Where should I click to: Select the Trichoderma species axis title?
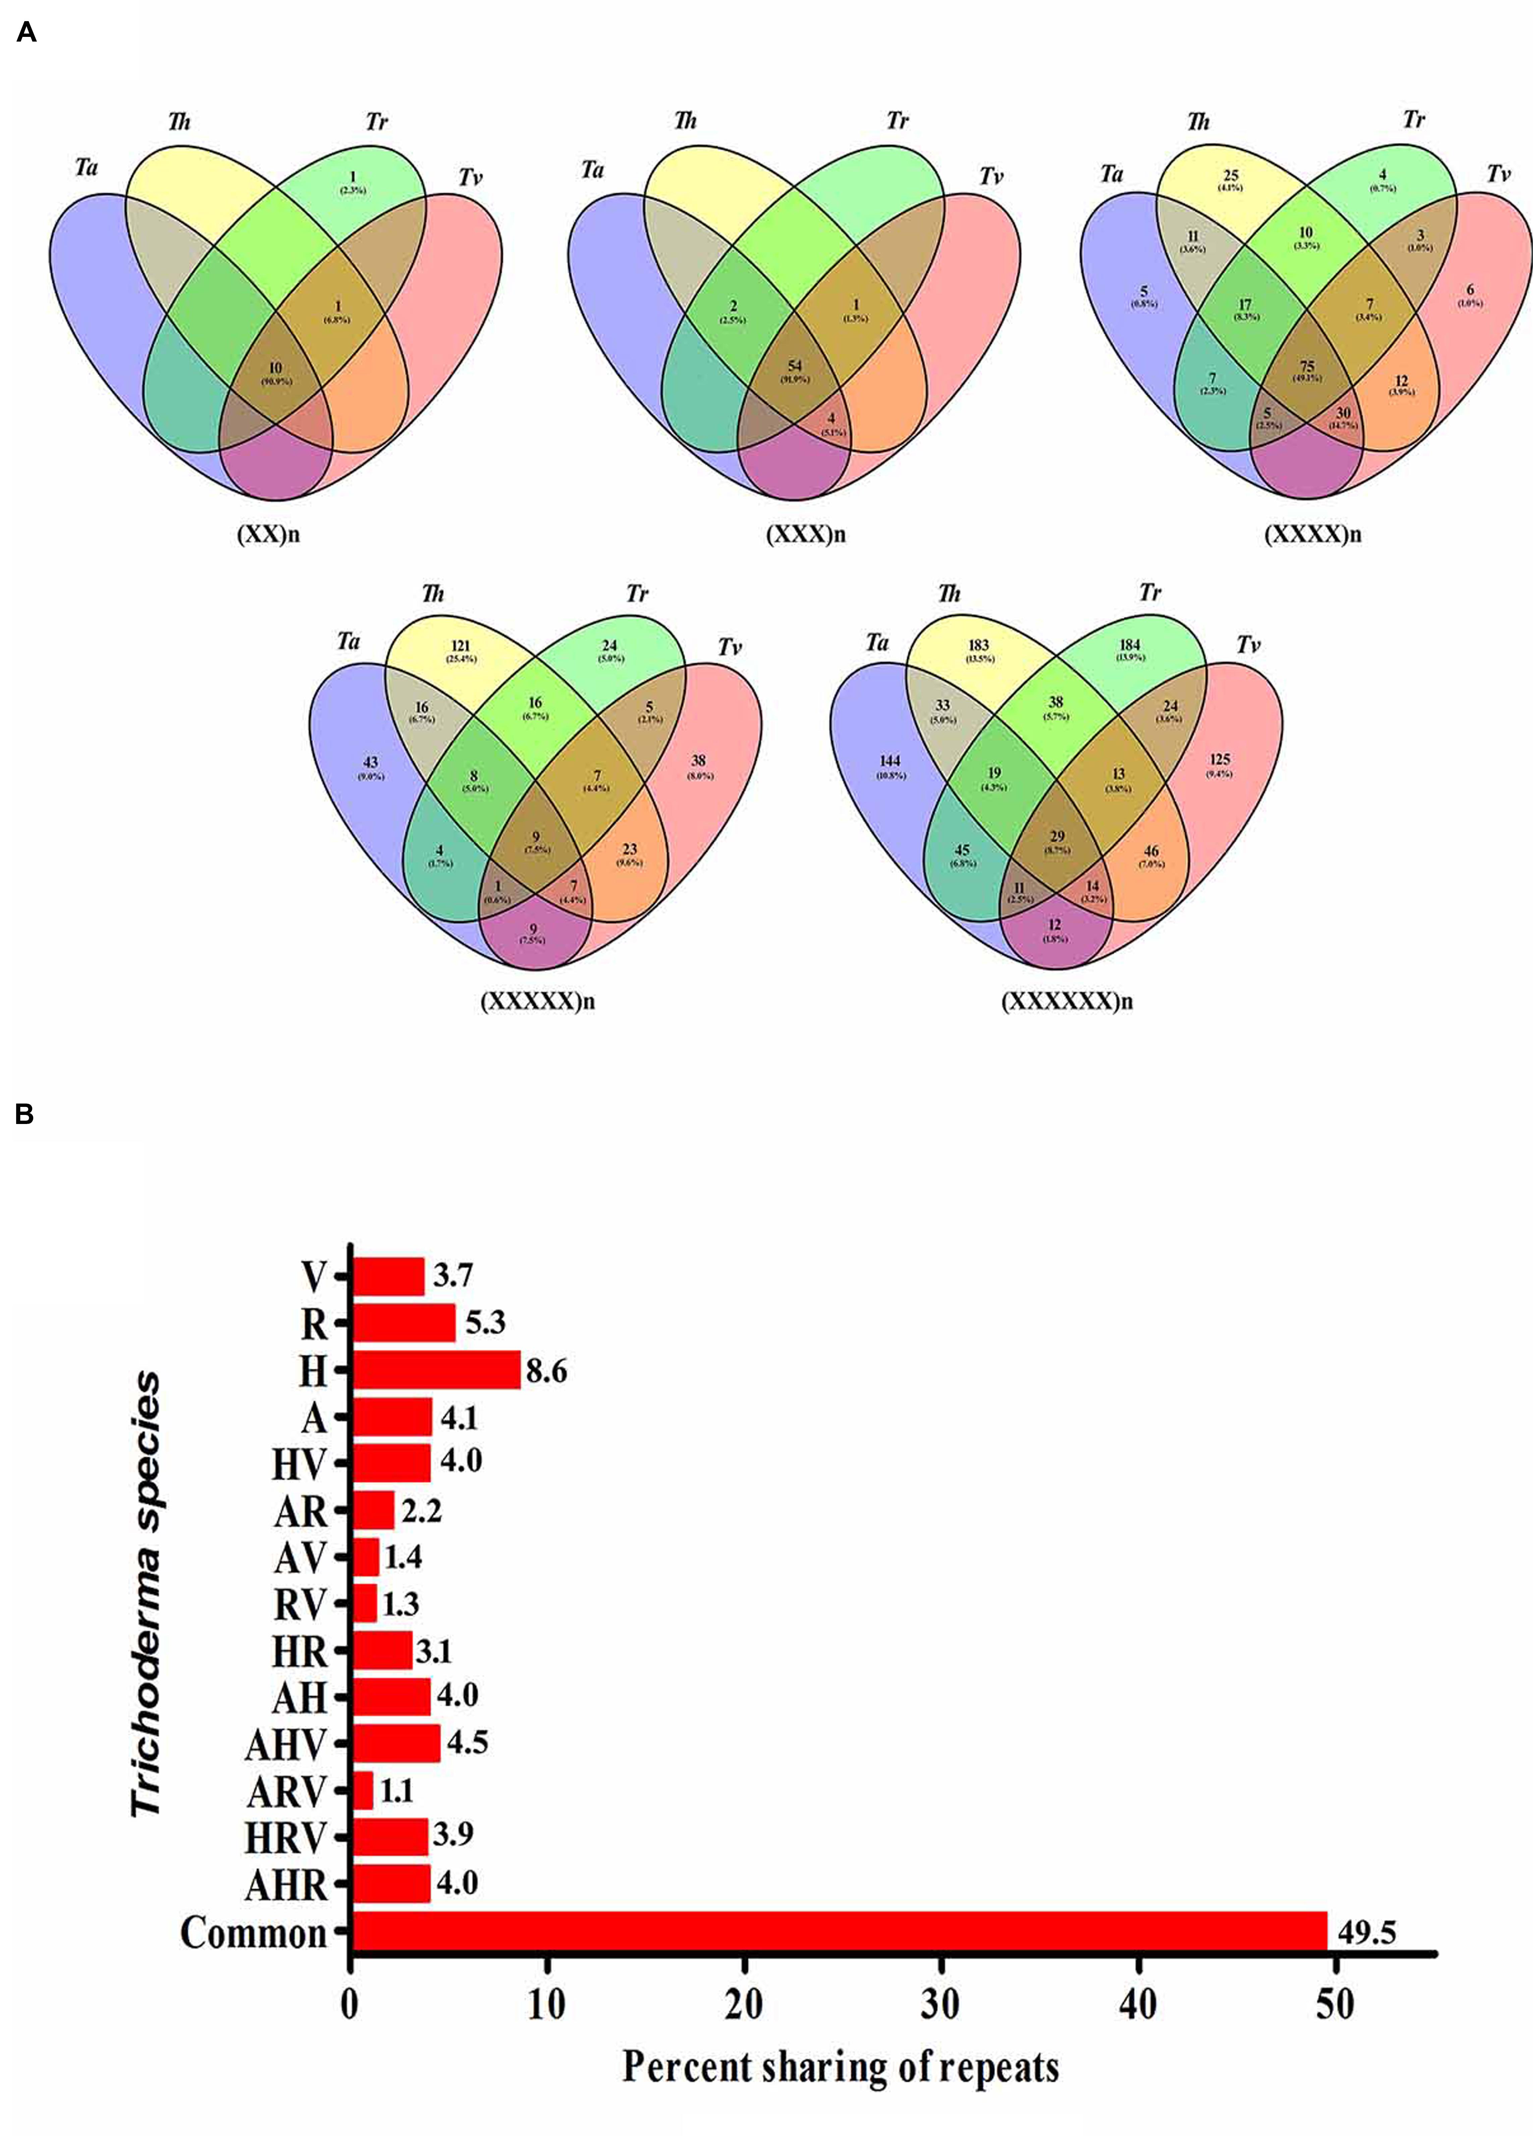(x=146, y=1592)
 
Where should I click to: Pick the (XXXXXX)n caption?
(x=1067, y=1001)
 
